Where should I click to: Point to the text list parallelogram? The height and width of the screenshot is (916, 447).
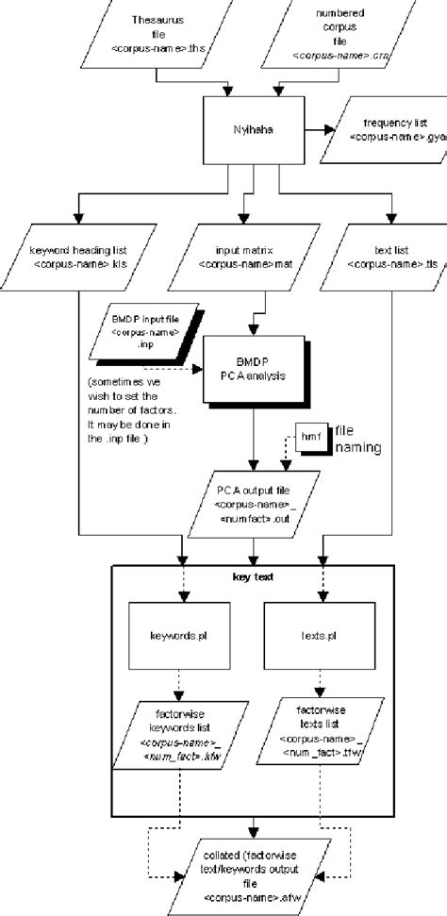pos(386,258)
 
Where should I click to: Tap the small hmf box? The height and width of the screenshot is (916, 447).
pos(309,437)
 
